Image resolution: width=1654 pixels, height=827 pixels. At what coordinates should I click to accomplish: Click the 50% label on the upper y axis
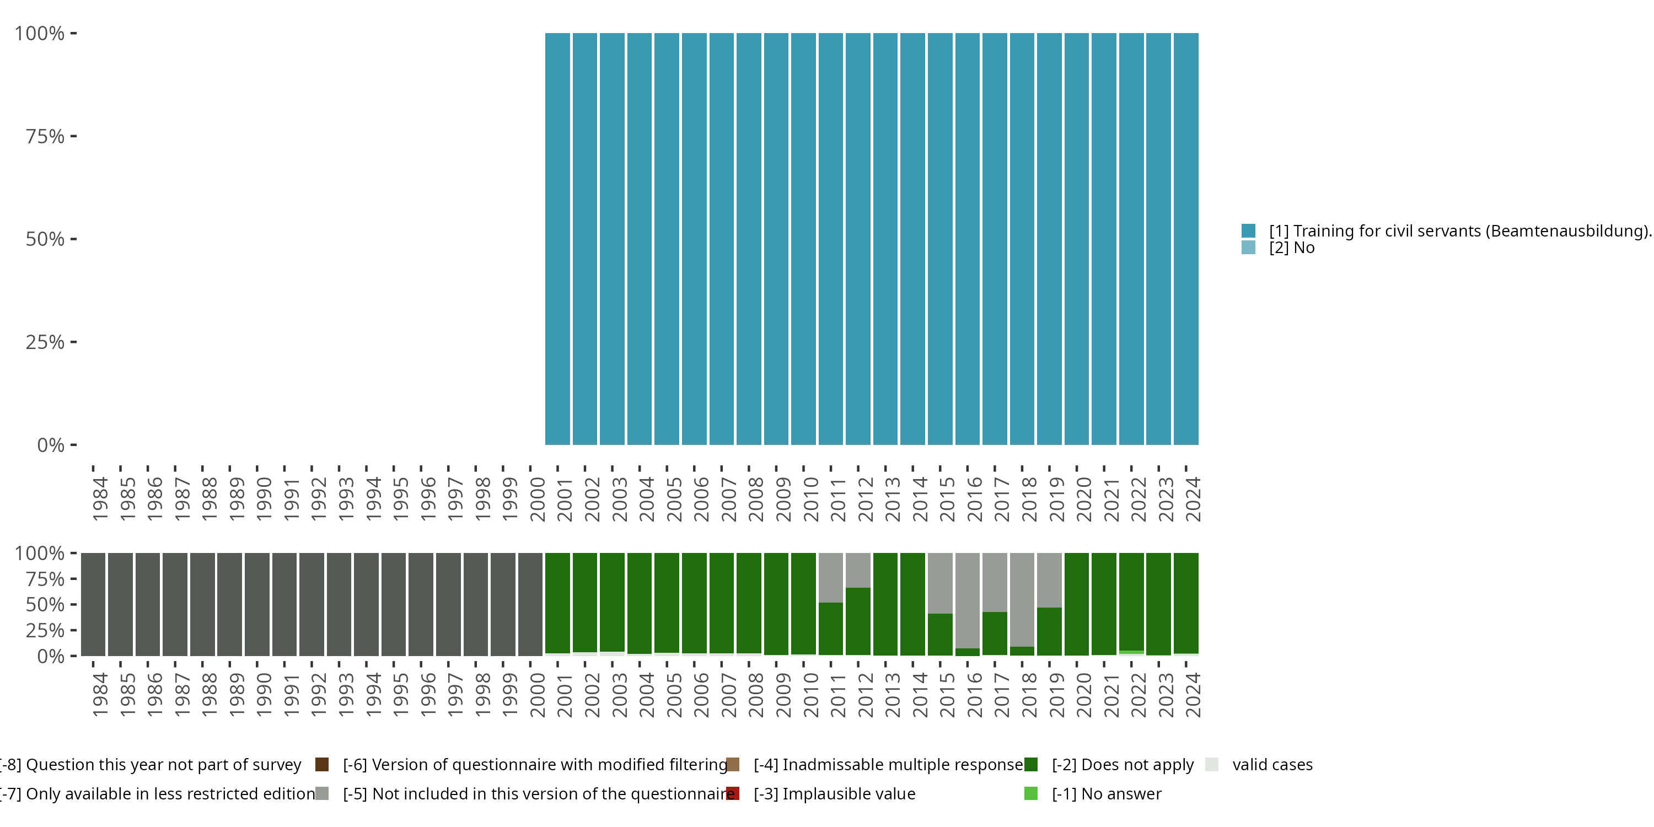point(45,239)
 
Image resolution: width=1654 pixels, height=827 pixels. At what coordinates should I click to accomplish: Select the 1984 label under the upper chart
point(100,499)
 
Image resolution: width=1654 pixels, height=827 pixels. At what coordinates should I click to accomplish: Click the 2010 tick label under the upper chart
point(810,499)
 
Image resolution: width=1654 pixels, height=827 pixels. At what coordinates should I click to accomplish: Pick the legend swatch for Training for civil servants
point(1248,230)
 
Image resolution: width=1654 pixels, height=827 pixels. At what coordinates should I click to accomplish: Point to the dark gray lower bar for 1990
point(257,604)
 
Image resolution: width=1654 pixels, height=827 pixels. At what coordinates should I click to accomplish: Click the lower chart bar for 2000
point(530,604)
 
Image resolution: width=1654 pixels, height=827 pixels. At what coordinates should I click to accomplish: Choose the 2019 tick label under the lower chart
point(1056,695)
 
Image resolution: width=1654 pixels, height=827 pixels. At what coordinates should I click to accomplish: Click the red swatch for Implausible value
point(733,793)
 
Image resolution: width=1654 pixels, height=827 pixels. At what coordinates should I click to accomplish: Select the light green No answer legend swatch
point(1030,793)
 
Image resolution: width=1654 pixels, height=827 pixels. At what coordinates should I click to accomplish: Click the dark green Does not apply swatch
point(1030,764)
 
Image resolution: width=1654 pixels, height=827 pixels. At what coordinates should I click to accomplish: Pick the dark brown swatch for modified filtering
point(323,764)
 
